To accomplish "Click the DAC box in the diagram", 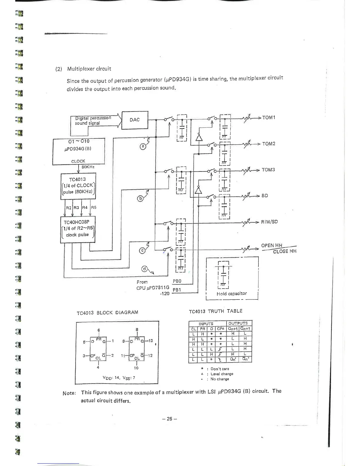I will [x=135, y=120].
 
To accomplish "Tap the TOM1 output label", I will [x=269, y=118].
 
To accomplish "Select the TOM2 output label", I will [x=269, y=144].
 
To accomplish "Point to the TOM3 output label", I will [x=268, y=170].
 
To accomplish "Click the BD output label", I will [x=265, y=196].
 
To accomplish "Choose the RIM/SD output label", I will [x=269, y=222].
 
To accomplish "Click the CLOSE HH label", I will [x=284, y=251].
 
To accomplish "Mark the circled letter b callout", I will [x=141, y=199].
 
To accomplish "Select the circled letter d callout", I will [x=144, y=268].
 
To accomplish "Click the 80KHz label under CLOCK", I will [x=88, y=167].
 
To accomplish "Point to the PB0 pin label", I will [x=177, y=281].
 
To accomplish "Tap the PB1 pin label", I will [x=177, y=290].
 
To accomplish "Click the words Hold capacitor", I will [x=232, y=294].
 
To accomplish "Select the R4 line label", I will [x=85, y=207].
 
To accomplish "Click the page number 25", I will [x=169, y=419].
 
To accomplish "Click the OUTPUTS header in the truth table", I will [x=238, y=323].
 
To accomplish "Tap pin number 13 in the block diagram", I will [x=151, y=341].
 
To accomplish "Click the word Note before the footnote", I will [x=69, y=393].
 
